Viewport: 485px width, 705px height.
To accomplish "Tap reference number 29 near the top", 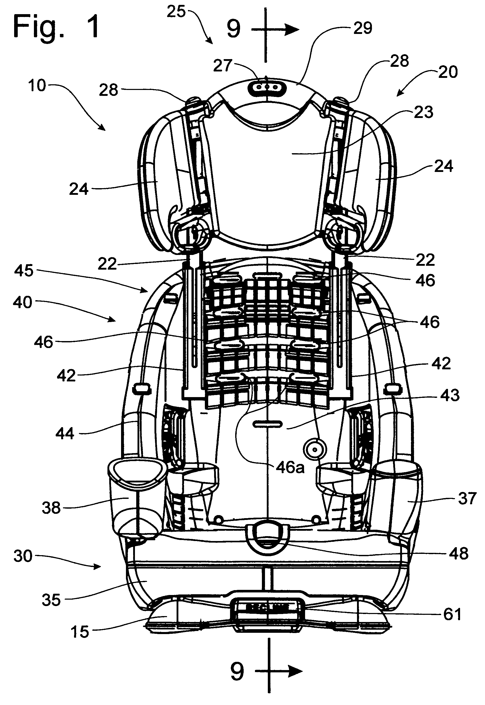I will pyautogui.click(x=363, y=28).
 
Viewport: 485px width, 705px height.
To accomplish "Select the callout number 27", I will pyautogui.click(x=223, y=66).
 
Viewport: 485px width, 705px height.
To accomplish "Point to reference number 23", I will pyautogui.click(x=424, y=112).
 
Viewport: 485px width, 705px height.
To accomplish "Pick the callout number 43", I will pyautogui.click(x=450, y=395).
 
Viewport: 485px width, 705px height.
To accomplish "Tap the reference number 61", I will pyautogui.click(x=452, y=615).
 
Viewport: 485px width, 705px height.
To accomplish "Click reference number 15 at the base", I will pyautogui.click(x=80, y=632).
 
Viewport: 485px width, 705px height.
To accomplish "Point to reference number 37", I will pyautogui.click(x=467, y=499).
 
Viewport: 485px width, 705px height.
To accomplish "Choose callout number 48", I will pyautogui.click(x=459, y=554).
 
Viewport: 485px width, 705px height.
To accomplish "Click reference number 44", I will pyautogui.click(x=65, y=434).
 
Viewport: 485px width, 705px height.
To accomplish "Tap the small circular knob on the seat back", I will pyautogui.click(x=315, y=449).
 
